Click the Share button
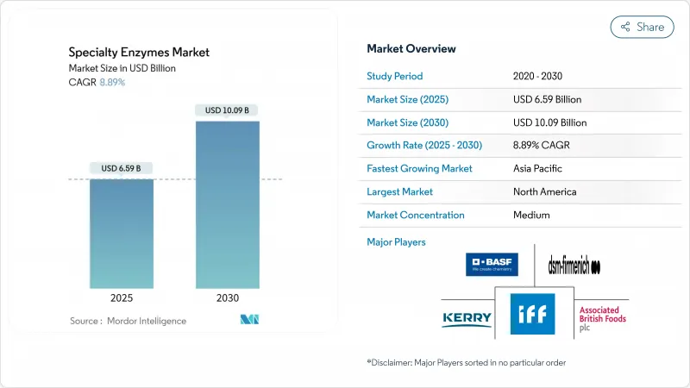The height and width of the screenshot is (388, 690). coord(643,27)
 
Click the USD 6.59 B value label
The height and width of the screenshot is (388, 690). coord(122,167)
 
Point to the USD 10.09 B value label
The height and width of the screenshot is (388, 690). coord(228,110)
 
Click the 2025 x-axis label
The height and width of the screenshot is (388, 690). coord(122,297)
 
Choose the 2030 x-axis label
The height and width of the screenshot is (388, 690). coord(227,297)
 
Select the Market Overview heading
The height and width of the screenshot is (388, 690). coord(411,49)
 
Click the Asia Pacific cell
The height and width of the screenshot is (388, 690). coord(538,168)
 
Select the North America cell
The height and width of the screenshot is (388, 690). coord(544,191)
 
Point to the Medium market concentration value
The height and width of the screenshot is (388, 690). coord(531,215)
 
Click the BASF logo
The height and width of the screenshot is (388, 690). coord(492,264)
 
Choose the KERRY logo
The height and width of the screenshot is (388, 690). coord(467,319)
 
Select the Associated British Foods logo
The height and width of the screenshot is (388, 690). coord(602,318)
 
